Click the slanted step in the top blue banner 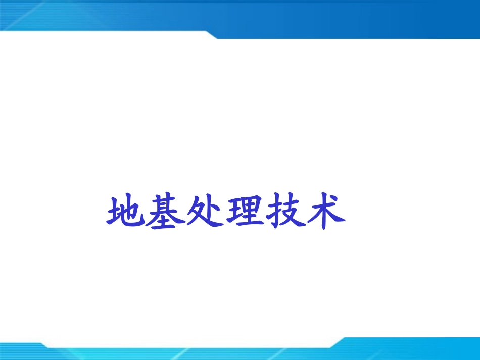[211, 34]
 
